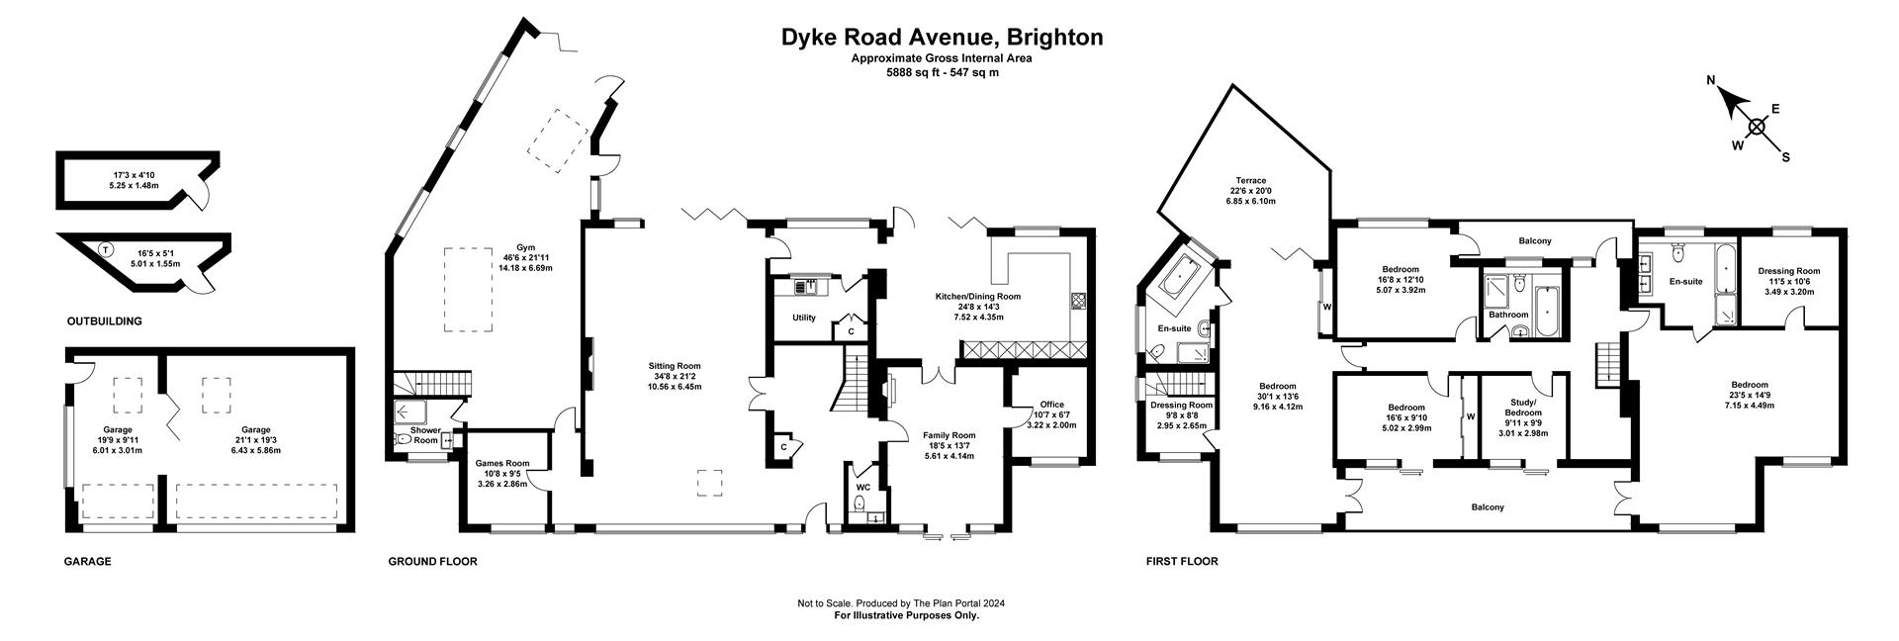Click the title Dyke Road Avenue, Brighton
tap(942, 38)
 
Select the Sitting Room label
tap(674, 366)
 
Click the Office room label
tap(1051, 405)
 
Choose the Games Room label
tap(501, 463)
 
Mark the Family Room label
tap(949, 435)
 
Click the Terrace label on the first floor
tap(1247, 181)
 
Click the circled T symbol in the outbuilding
tap(105, 248)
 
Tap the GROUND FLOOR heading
tap(432, 562)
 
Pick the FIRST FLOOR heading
tap(1181, 562)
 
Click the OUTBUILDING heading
tap(104, 321)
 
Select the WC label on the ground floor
tap(862, 488)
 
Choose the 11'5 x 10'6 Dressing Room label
tap(1788, 271)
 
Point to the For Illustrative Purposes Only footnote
tap(906, 615)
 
